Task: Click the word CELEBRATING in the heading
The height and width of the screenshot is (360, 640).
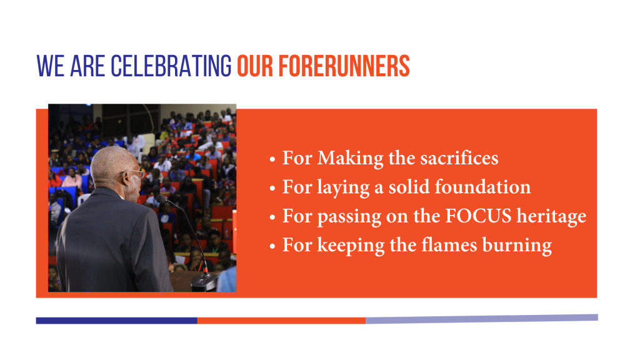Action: (171, 66)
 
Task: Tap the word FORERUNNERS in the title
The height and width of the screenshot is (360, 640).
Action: (344, 66)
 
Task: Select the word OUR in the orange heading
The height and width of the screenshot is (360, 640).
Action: (255, 66)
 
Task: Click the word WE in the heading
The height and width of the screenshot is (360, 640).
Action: (50, 66)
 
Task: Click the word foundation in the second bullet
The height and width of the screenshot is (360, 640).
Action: (482, 187)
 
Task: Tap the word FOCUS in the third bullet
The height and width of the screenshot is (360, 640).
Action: (478, 216)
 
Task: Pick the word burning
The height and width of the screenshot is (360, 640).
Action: (517, 246)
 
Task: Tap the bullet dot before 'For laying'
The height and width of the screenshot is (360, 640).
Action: (272, 189)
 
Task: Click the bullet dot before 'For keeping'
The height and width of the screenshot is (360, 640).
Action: (272, 246)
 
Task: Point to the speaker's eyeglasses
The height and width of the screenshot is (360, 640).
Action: (137, 174)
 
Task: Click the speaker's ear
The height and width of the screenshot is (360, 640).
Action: (126, 178)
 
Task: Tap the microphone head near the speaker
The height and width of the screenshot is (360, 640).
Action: (161, 199)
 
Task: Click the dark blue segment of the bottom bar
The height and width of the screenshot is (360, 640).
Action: (117, 321)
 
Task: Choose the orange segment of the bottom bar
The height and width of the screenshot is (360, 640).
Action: (282, 321)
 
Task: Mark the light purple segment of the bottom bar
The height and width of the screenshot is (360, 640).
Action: (482, 319)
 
